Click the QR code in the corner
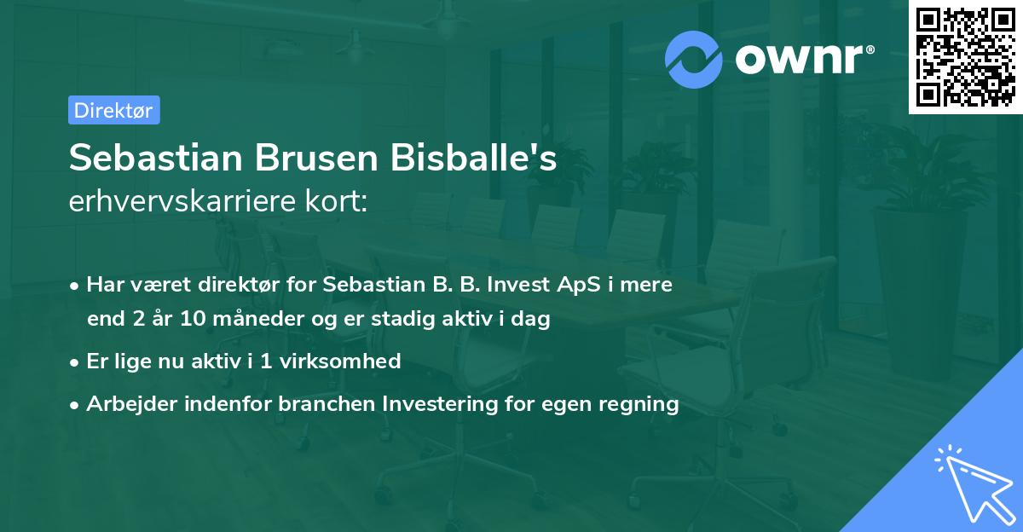pyautogui.click(x=966, y=57)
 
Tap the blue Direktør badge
pyautogui.click(x=113, y=110)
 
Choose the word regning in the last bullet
pyautogui.click(x=639, y=404)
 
